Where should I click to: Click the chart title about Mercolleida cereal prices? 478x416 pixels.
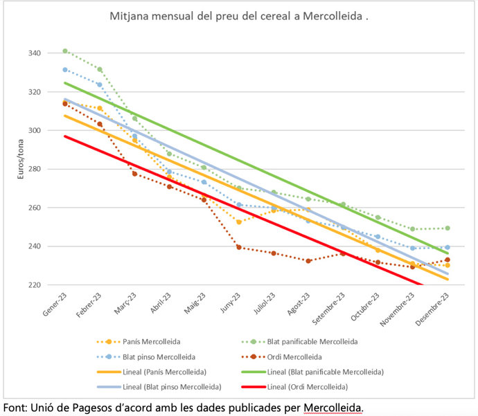238,16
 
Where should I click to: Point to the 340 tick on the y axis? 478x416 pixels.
33,53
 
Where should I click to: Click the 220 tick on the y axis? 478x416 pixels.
33,284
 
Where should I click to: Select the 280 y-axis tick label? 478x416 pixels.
33,169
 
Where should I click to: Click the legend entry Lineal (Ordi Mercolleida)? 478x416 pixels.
303,386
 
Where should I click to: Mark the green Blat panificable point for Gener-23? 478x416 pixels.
65,51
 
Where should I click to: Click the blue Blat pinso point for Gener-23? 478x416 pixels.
65,70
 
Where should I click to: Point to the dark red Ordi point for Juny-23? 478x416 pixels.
239,247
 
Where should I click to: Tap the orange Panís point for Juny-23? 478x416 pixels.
239,221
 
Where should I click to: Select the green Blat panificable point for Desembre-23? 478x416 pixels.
448,228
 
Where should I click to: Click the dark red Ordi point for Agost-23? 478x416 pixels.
309,261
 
